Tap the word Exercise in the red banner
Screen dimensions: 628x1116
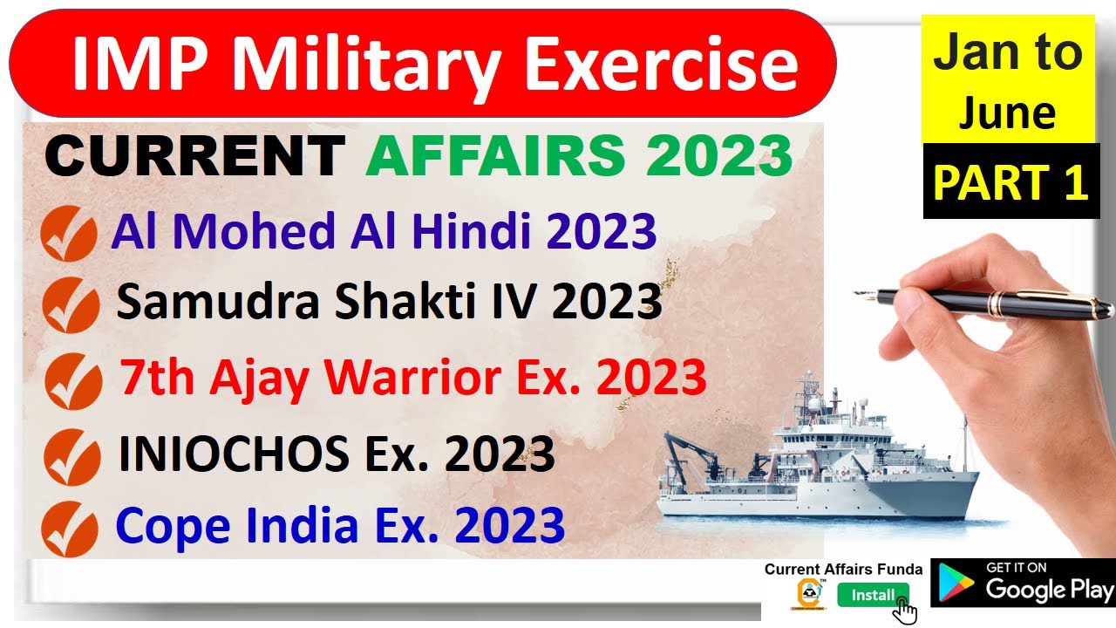click(663, 65)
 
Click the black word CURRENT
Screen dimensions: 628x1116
click(194, 156)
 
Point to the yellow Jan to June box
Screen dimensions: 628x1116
click(1008, 84)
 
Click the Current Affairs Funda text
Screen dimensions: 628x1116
click(843, 569)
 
